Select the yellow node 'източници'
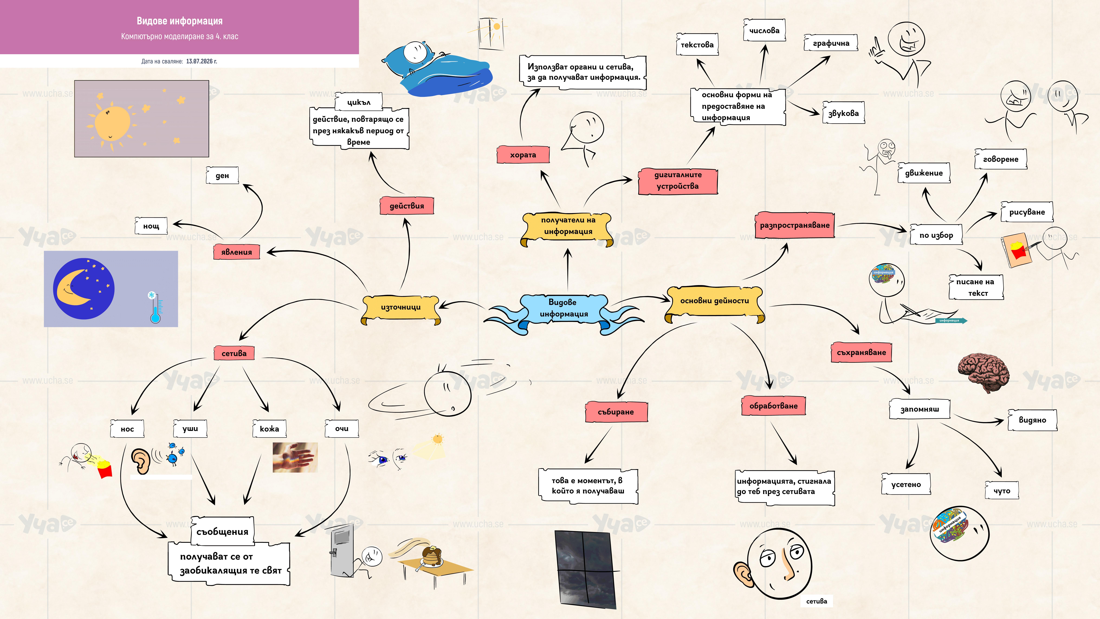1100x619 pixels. tap(401, 308)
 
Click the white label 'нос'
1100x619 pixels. tap(127, 429)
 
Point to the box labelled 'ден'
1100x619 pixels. tap(222, 176)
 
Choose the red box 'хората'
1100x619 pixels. tap(523, 155)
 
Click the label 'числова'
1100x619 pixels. tap(764, 30)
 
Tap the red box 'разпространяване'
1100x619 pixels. tap(795, 225)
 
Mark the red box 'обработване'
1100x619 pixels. tap(773, 406)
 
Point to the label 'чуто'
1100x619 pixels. tap(1002, 490)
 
